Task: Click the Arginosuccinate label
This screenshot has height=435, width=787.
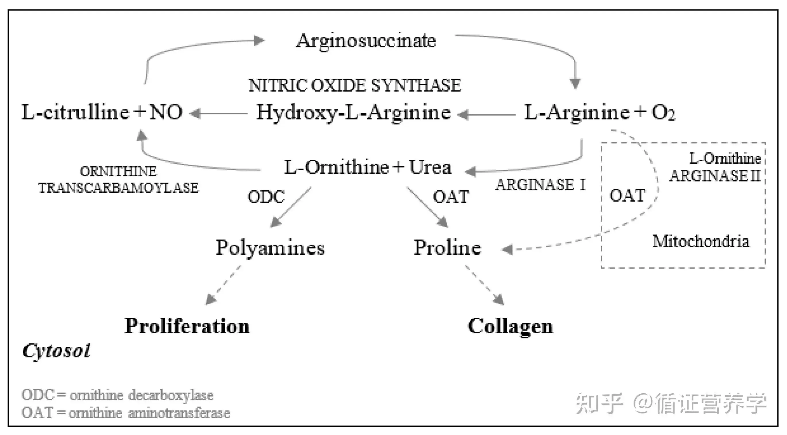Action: (x=366, y=40)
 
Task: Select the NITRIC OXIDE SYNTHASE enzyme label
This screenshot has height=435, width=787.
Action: (x=354, y=85)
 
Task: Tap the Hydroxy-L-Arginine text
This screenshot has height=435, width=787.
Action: (x=353, y=113)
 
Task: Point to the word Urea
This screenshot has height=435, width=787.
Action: (x=430, y=167)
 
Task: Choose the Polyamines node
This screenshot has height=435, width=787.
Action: (x=270, y=247)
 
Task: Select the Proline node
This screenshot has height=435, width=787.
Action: (x=447, y=247)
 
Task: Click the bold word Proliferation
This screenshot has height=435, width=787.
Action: (x=187, y=326)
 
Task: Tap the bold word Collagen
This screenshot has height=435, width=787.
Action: (x=510, y=326)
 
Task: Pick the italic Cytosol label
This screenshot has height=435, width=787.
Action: (x=56, y=351)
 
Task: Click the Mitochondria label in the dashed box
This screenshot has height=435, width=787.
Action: (x=701, y=241)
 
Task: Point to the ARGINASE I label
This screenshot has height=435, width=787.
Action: (x=540, y=185)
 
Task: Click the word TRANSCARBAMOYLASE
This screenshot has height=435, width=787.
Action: (x=118, y=187)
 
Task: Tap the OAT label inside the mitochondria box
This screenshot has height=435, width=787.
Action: (x=627, y=196)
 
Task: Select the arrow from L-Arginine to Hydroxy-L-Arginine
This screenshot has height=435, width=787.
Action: (x=487, y=115)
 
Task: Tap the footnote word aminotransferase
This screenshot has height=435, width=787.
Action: (x=179, y=413)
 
